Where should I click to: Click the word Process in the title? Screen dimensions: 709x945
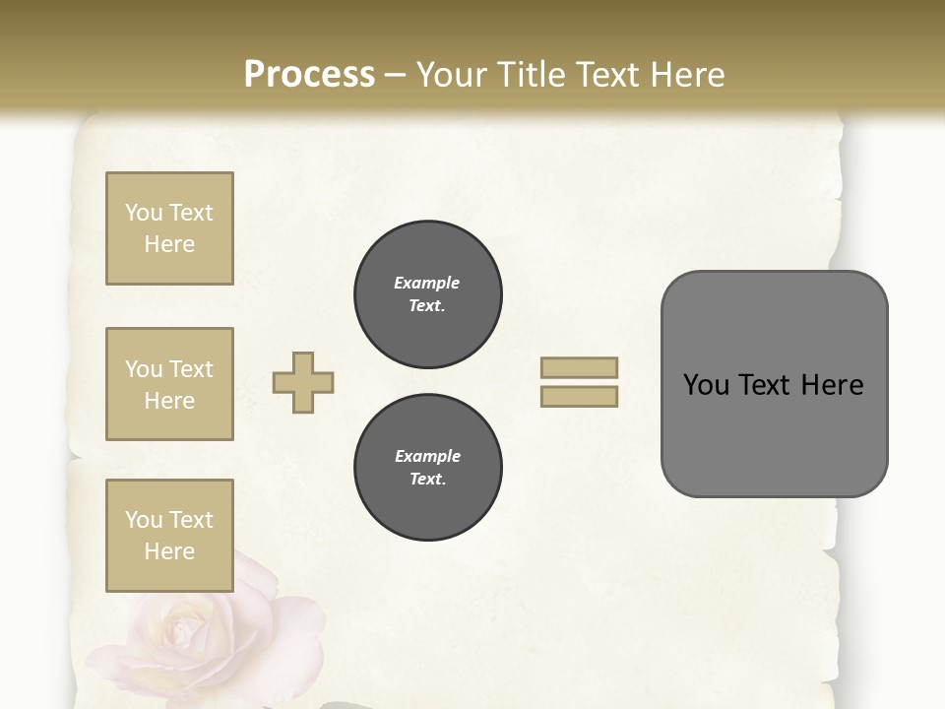309,75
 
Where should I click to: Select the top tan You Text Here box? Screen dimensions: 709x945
169,228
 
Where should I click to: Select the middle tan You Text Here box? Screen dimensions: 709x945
169,384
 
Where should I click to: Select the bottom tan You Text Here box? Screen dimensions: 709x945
169,536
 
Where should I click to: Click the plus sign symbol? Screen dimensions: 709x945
303,383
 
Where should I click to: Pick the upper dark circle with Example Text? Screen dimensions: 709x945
428,294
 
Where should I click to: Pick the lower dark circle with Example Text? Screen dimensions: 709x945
428,468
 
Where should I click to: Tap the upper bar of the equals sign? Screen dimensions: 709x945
580,368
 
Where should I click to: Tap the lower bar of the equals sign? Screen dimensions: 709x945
580,397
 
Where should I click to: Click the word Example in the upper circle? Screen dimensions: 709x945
427,283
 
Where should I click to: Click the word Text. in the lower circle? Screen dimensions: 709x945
427,480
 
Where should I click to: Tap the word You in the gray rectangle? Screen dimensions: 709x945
707,385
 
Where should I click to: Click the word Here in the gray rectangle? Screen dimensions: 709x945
833,385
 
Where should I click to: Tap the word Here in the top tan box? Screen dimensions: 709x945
169,244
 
